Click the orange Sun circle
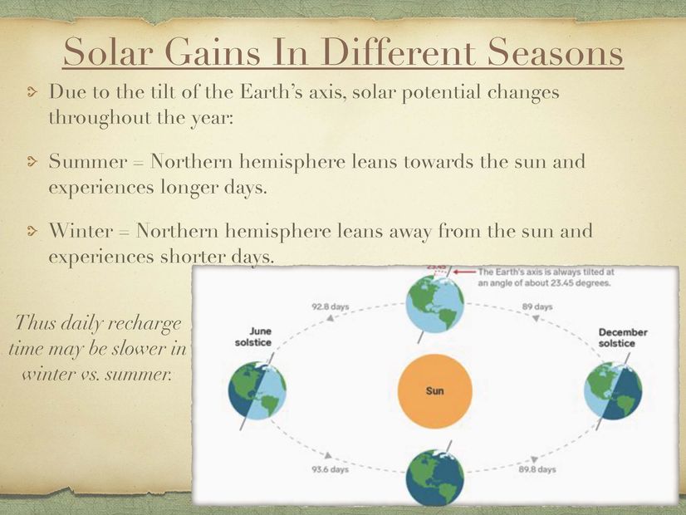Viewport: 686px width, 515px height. pos(435,390)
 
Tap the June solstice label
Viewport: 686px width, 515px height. pos(252,337)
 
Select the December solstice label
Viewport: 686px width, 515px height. pos(623,338)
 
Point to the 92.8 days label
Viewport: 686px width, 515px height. pos(331,307)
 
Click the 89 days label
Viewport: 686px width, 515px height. pos(537,307)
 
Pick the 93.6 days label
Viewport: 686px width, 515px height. pos(331,469)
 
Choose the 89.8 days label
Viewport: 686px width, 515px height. pos(537,469)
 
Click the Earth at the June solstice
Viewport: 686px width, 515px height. pos(257,391)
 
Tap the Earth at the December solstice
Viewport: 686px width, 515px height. pos(614,390)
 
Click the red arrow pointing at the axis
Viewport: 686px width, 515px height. pos(464,272)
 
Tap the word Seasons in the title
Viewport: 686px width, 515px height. pos(555,51)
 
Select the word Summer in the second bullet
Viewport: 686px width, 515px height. pos(88,161)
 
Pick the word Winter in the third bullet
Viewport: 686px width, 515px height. pos(81,231)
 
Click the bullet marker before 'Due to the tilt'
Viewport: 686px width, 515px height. pos(32,92)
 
